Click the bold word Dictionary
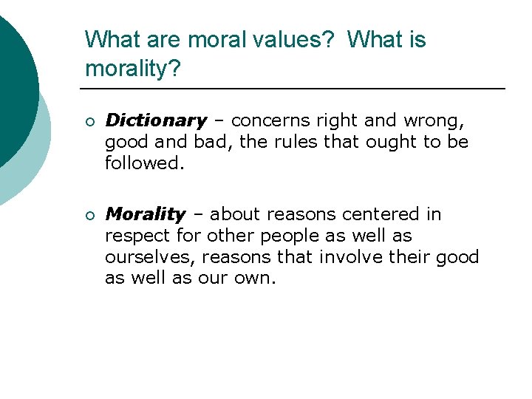pos(156,120)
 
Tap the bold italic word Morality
pos(146,214)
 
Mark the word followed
pos(143,162)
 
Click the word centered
pos(382,214)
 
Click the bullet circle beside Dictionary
pos(89,121)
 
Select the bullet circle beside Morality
pos(89,215)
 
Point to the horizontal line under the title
pos(296,89)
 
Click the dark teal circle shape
pos(15,89)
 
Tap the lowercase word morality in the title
pos(129,69)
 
